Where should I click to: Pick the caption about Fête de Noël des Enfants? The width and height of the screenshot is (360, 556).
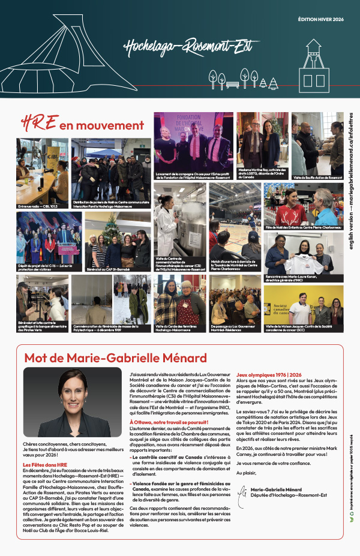(303, 228)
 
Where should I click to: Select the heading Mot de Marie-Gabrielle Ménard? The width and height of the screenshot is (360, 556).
(115, 358)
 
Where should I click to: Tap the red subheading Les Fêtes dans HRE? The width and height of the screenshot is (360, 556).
(45, 465)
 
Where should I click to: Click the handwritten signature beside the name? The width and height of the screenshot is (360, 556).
(242, 492)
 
